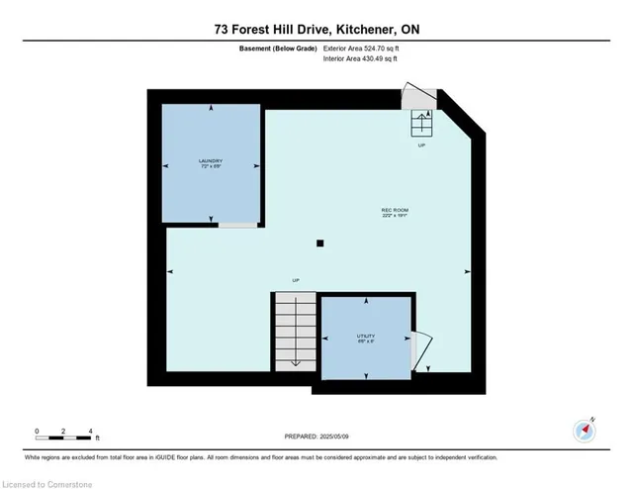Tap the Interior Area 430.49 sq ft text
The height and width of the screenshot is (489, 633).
tap(361, 58)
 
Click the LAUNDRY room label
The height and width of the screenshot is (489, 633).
tap(210, 162)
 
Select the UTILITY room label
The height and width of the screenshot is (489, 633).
tap(365, 338)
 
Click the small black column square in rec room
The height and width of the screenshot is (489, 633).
tap(319, 243)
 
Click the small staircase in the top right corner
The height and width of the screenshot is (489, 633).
tap(422, 123)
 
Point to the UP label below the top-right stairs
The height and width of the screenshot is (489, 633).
tap(422, 145)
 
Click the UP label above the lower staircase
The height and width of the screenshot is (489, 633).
tap(295, 281)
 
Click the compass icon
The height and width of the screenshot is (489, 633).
tap(585, 430)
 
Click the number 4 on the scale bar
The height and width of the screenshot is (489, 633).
tap(91, 431)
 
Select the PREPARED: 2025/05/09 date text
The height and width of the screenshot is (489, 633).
tap(316, 437)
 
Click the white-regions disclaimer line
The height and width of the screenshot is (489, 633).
tap(262, 457)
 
